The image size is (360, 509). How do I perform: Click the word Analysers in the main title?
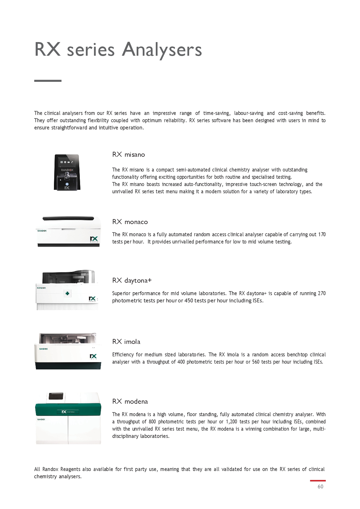click(x=162, y=50)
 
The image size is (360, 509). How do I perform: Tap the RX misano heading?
click(x=129, y=155)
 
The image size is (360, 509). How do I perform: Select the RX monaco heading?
click(x=130, y=222)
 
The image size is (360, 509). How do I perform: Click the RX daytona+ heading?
click(x=132, y=281)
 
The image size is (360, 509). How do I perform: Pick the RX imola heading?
click(x=126, y=342)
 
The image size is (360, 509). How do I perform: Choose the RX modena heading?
click(x=130, y=402)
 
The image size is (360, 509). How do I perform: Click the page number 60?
click(x=320, y=487)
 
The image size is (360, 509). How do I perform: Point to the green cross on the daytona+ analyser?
click(x=67, y=293)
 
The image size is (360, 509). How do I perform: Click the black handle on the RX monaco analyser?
click(x=68, y=219)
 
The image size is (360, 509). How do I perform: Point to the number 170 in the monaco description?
click(x=322, y=234)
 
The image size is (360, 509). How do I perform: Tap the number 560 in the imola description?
click(x=256, y=362)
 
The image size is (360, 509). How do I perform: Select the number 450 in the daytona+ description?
click(x=189, y=301)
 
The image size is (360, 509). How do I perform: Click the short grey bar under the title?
click(x=48, y=81)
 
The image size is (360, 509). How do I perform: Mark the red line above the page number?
click(x=318, y=481)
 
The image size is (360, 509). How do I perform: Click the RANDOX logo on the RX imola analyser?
click(x=44, y=349)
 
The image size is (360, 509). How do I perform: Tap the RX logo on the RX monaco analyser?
click(x=94, y=239)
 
